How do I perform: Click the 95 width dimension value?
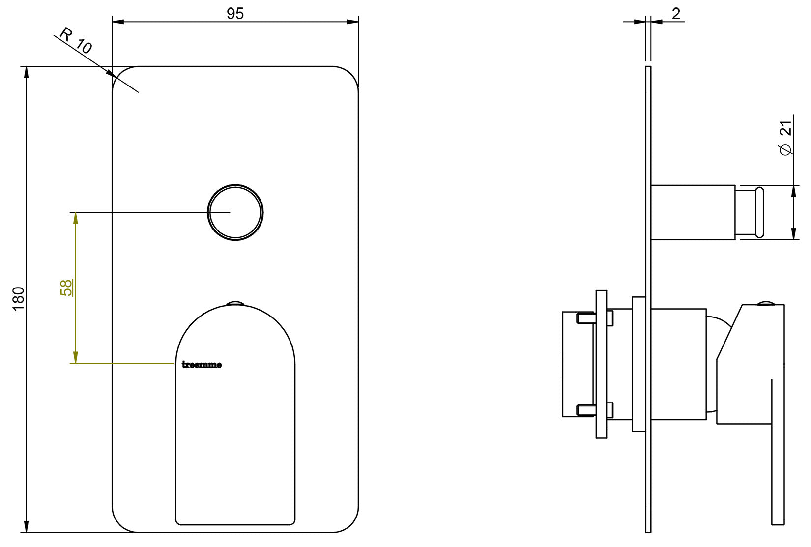[x=235, y=14]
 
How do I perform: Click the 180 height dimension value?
[x=18, y=298]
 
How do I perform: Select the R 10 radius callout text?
[x=76, y=41]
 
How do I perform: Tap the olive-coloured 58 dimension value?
[x=66, y=288]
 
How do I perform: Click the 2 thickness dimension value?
[x=676, y=14]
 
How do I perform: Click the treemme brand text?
[x=202, y=365]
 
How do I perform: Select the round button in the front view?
[x=235, y=212]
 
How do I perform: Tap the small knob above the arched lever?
[x=235, y=303]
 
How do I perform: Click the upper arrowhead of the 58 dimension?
[x=75, y=218]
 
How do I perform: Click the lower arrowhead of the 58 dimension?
[x=75, y=357]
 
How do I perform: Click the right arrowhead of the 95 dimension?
[x=352, y=22]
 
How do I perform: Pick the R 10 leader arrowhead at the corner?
[x=110, y=73]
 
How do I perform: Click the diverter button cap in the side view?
[x=759, y=212]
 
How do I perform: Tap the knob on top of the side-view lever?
[x=766, y=303]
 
